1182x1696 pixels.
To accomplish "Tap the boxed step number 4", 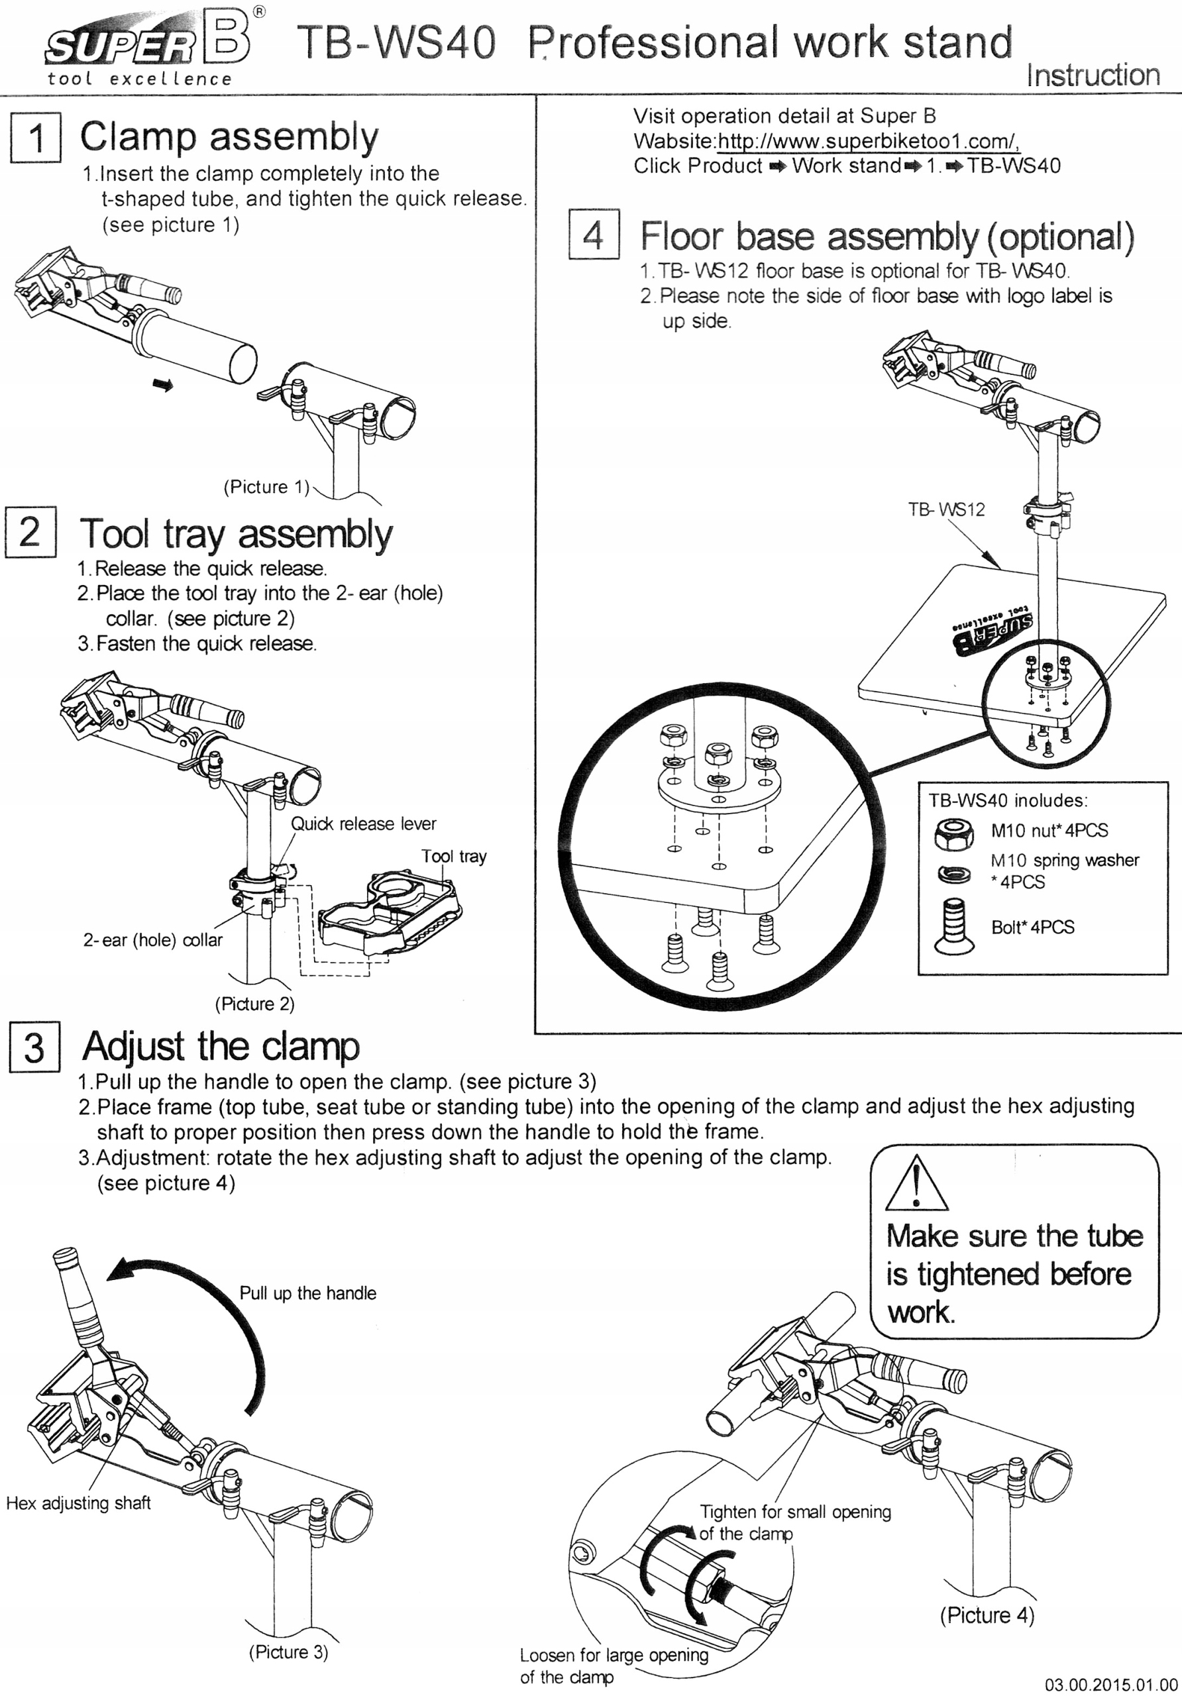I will pos(593,235).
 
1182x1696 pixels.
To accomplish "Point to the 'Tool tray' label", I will pos(454,856).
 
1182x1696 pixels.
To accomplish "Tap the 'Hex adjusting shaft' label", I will pos(78,1503).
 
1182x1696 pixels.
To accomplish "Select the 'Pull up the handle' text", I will pos(307,1293).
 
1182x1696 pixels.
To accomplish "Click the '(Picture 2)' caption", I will pos(254,1004).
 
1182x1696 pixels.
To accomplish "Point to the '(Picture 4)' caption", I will pos(987,1615).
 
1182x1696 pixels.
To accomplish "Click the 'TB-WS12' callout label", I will pos(946,509).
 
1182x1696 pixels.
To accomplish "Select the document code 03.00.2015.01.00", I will pos(1111,1684).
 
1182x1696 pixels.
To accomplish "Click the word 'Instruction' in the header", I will pos(1093,76).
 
